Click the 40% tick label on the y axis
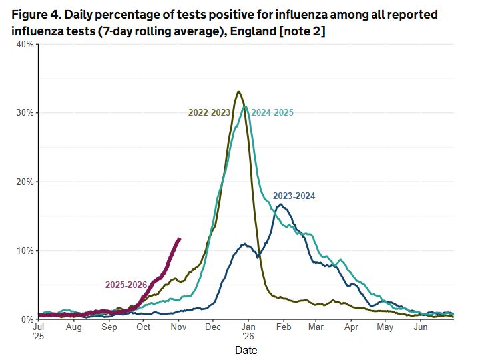pyautogui.click(x=25, y=44)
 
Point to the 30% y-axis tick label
pyautogui.click(x=25, y=113)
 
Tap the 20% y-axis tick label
pyautogui.click(x=25, y=182)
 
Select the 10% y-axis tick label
pyautogui.click(x=25, y=251)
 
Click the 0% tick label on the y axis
pyautogui.click(x=28, y=319)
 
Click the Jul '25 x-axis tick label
pyautogui.click(x=39, y=332)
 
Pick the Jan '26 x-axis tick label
pyautogui.click(x=248, y=332)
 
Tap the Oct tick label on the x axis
pyautogui.click(x=144, y=327)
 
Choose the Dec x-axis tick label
pyautogui.click(x=213, y=327)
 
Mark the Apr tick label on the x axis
pyautogui.click(x=351, y=327)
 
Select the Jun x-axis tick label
pyautogui.click(x=420, y=327)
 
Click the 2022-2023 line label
pyautogui.click(x=209, y=112)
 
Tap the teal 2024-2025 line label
pyautogui.click(x=272, y=112)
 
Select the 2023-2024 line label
pyautogui.click(x=294, y=196)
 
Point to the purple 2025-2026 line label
pyautogui.click(x=126, y=285)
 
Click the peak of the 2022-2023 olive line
pyautogui.click(x=238, y=92)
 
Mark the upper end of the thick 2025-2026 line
pyautogui.click(x=179, y=238)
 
